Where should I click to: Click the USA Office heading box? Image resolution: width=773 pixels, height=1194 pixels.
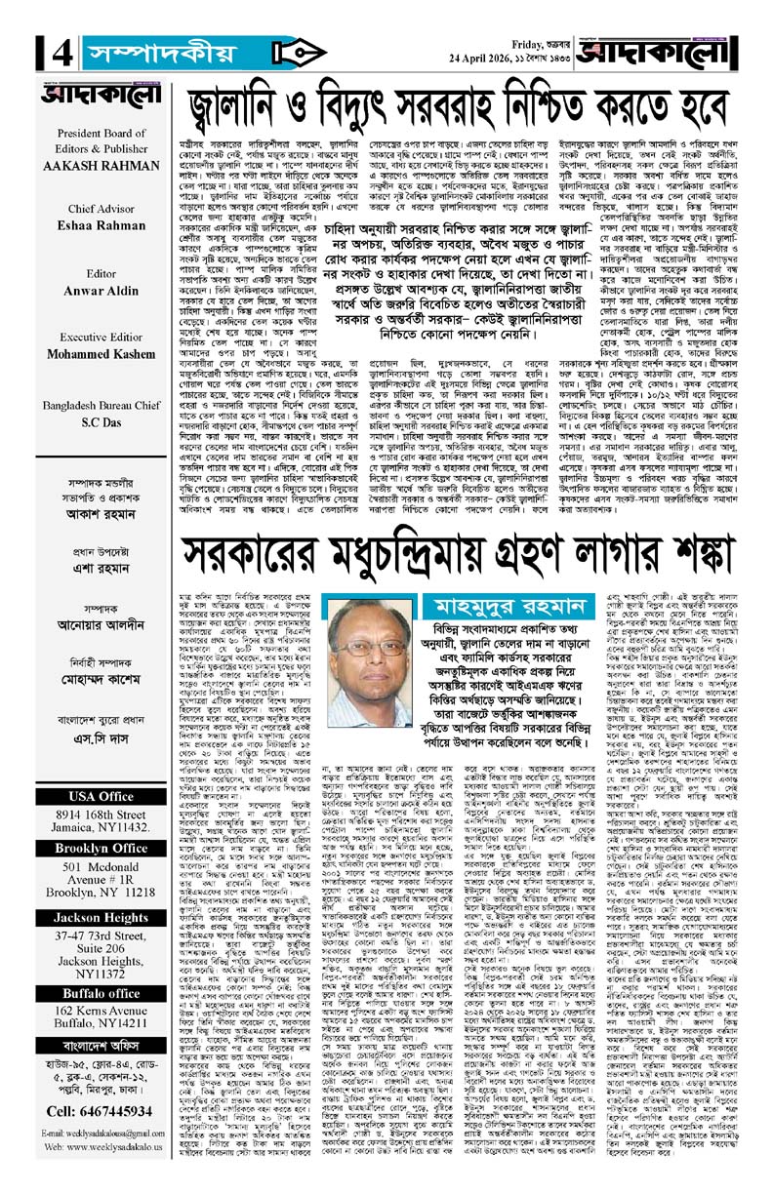pyautogui.click(x=87, y=740)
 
